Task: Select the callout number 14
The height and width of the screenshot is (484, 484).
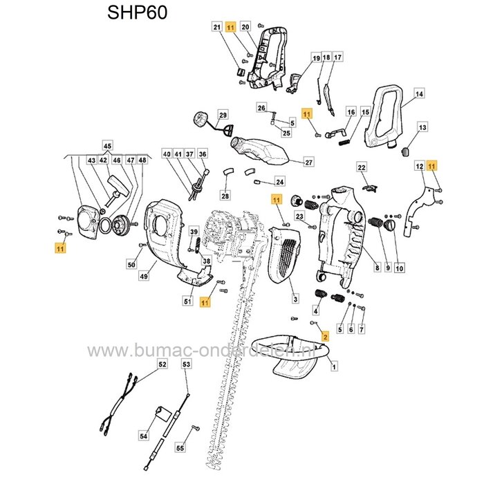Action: (x=419, y=93)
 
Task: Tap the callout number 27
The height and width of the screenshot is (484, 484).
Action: (x=309, y=163)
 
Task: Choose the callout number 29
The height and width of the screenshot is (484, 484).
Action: (x=223, y=114)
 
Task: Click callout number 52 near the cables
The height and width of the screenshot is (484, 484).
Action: (x=162, y=364)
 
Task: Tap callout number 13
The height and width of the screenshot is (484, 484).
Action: (x=423, y=127)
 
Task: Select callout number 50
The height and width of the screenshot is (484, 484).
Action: (x=131, y=265)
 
